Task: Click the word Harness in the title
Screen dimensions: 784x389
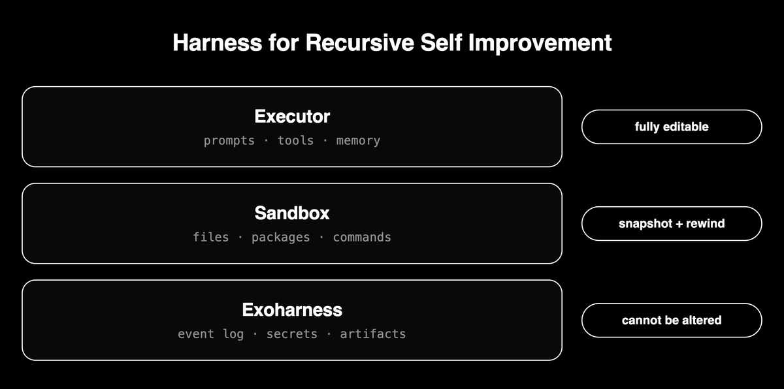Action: point(218,42)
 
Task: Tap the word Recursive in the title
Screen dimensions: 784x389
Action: point(360,42)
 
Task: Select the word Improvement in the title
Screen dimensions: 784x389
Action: point(540,43)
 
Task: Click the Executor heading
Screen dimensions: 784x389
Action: point(292,116)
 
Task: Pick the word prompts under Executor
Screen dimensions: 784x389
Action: point(229,140)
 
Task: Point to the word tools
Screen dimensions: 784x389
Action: point(295,140)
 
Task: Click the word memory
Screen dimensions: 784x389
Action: point(358,141)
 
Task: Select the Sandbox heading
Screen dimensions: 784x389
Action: point(292,213)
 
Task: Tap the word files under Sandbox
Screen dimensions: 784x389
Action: point(210,237)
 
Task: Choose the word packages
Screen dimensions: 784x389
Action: point(281,238)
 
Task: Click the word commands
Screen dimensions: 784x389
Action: point(362,237)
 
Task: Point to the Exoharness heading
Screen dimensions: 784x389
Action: point(292,310)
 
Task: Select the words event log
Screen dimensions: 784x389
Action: point(210,334)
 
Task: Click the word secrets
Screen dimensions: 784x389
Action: point(292,334)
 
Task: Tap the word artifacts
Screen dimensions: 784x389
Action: point(373,334)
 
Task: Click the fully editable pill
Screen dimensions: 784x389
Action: point(672,127)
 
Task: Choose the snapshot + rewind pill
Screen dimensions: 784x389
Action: point(672,224)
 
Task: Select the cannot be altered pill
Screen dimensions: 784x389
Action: point(672,320)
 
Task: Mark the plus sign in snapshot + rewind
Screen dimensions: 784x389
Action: point(679,224)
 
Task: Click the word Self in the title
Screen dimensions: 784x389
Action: point(441,42)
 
